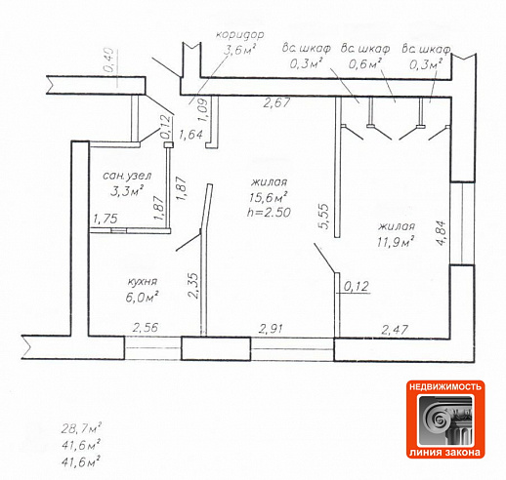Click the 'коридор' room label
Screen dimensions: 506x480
click(240, 34)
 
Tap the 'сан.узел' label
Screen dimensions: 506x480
click(127, 176)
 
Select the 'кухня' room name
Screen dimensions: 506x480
click(143, 282)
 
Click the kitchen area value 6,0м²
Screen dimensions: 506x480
click(143, 297)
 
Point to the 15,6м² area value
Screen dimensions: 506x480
click(269, 197)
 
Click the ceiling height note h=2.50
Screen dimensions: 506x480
click(269, 213)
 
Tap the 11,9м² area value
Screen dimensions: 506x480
click(396, 242)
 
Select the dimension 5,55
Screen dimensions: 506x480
click(324, 217)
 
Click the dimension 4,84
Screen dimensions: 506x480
click(441, 233)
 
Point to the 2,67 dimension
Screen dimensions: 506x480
click(276, 102)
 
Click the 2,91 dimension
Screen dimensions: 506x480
click(272, 329)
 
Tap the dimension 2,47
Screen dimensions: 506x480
click(395, 330)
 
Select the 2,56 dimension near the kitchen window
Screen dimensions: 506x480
click(146, 327)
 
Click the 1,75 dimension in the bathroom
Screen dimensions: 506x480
click(105, 219)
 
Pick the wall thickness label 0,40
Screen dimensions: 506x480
click(108, 60)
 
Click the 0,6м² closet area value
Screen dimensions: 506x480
click(365, 64)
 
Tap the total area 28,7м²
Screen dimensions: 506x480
click(81, 428)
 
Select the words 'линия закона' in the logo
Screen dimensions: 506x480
click(444, 453)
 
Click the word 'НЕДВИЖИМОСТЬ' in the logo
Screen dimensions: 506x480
click(445, 387)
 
